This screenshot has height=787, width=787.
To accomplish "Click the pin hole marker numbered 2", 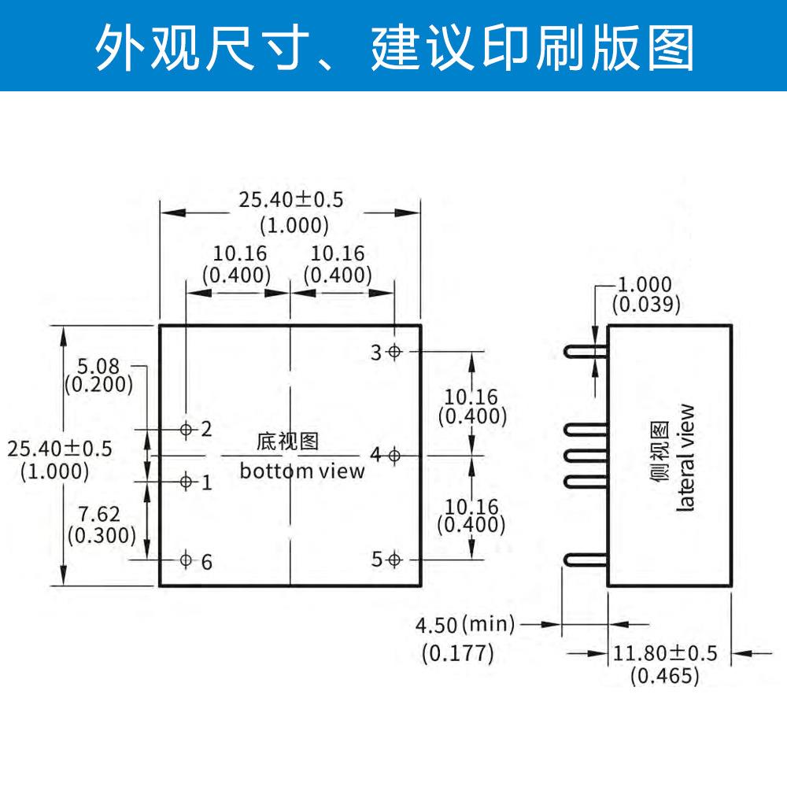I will [x=187, y=429].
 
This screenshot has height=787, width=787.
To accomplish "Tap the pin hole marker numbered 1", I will [x=187, y=481].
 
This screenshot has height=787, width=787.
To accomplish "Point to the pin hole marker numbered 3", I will [x=395, y=351].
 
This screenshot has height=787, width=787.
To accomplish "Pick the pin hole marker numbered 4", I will [x=395, y=454].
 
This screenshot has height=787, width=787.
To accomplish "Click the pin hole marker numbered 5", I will [x=395, y=559].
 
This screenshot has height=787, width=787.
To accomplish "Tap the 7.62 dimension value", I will [x=101, y=515].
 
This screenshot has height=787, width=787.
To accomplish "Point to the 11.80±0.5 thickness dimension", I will [x=666, y=652].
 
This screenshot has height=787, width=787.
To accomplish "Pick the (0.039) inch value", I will [x=645, y=305].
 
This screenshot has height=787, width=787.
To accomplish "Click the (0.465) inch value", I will [x=665, y=675].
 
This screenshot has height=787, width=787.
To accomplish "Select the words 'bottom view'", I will [x=302, y=471].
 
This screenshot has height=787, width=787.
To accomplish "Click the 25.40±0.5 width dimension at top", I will [x=292, y=199].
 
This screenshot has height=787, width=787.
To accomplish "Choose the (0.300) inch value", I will [x=101, y=535].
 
